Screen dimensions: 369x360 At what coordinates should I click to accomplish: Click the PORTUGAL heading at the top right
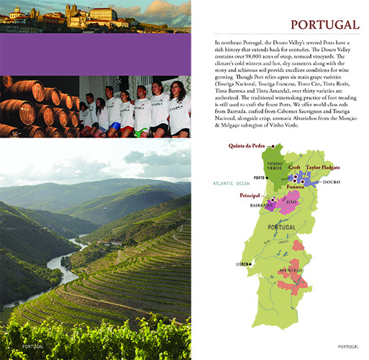[x=324, y=26]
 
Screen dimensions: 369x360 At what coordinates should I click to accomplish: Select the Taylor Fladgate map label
[x=324, y=167]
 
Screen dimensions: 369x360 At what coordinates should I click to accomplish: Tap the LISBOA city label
[x=242, y=264]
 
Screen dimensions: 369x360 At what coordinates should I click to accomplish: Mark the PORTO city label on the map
[x=260, y=177]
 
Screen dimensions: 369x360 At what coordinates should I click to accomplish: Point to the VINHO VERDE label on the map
[x=275, y=166]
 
